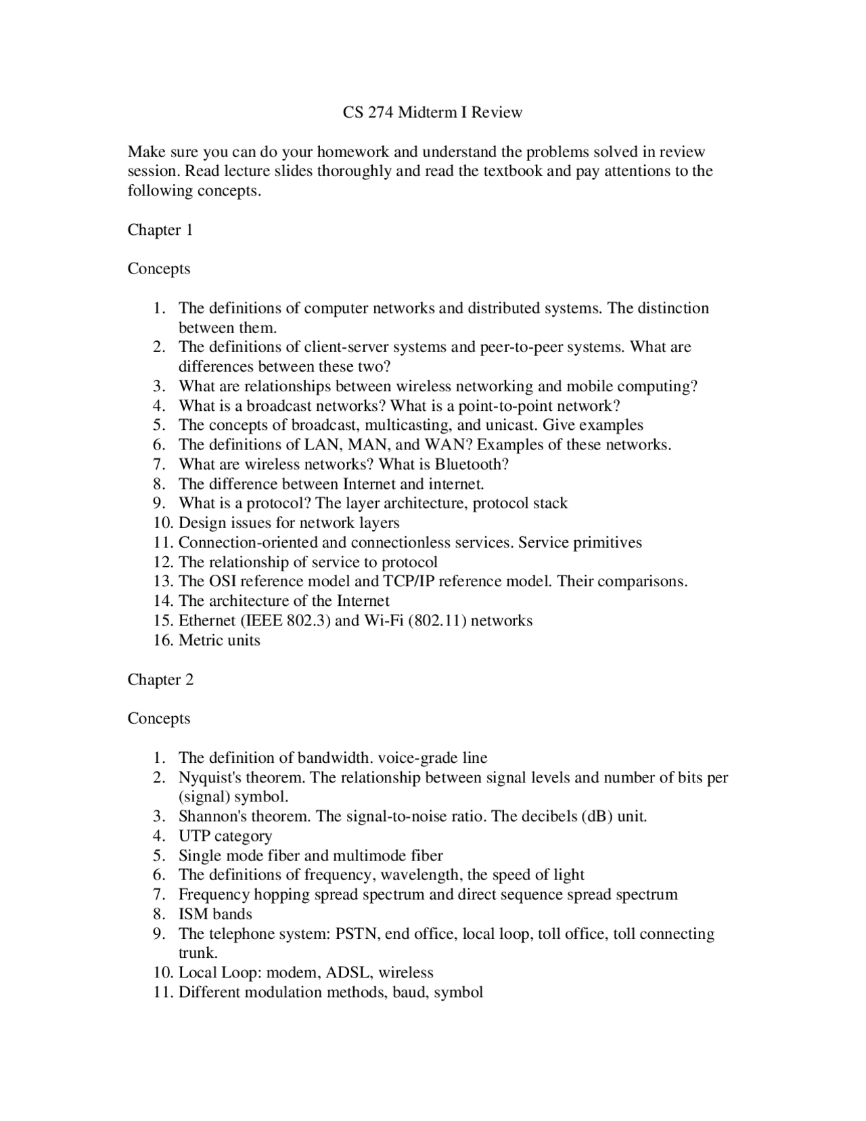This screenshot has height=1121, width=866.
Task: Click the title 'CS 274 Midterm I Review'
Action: [432, 112]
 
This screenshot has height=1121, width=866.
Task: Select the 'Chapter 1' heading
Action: [160, 230]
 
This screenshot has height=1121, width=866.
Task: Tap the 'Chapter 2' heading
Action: [160, 680]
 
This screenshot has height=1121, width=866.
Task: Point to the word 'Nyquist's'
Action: [210, 777]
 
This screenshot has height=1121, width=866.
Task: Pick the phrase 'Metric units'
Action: [219, 640]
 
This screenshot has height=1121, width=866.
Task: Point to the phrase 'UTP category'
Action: [225, 836]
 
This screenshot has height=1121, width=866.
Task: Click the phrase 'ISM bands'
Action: [215, 915]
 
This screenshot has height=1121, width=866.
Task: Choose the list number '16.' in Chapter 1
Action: [163, 640]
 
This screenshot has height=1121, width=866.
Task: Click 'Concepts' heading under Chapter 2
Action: [159, 718]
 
